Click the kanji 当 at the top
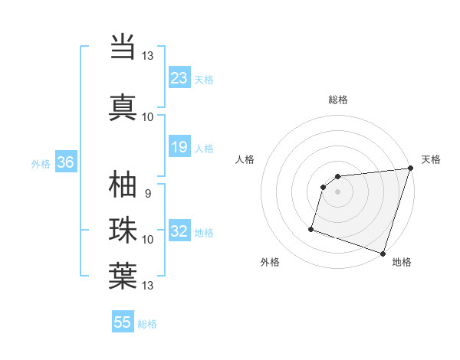[123, 47]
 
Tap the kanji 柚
[123, 186]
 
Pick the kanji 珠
[123, 231]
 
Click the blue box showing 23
[179, 78]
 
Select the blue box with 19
[179, 147]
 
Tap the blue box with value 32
[179, 231]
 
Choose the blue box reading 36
[66, 162]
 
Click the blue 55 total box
[123, 322]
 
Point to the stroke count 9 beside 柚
[147, 194]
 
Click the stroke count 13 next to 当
[147, 56]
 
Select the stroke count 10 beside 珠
[147, 240]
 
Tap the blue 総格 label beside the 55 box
[147, 324]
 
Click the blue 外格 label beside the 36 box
[41, 163]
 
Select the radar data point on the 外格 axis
[311, 228]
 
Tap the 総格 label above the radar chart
[338, 100]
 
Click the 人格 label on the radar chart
[245, 159]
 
